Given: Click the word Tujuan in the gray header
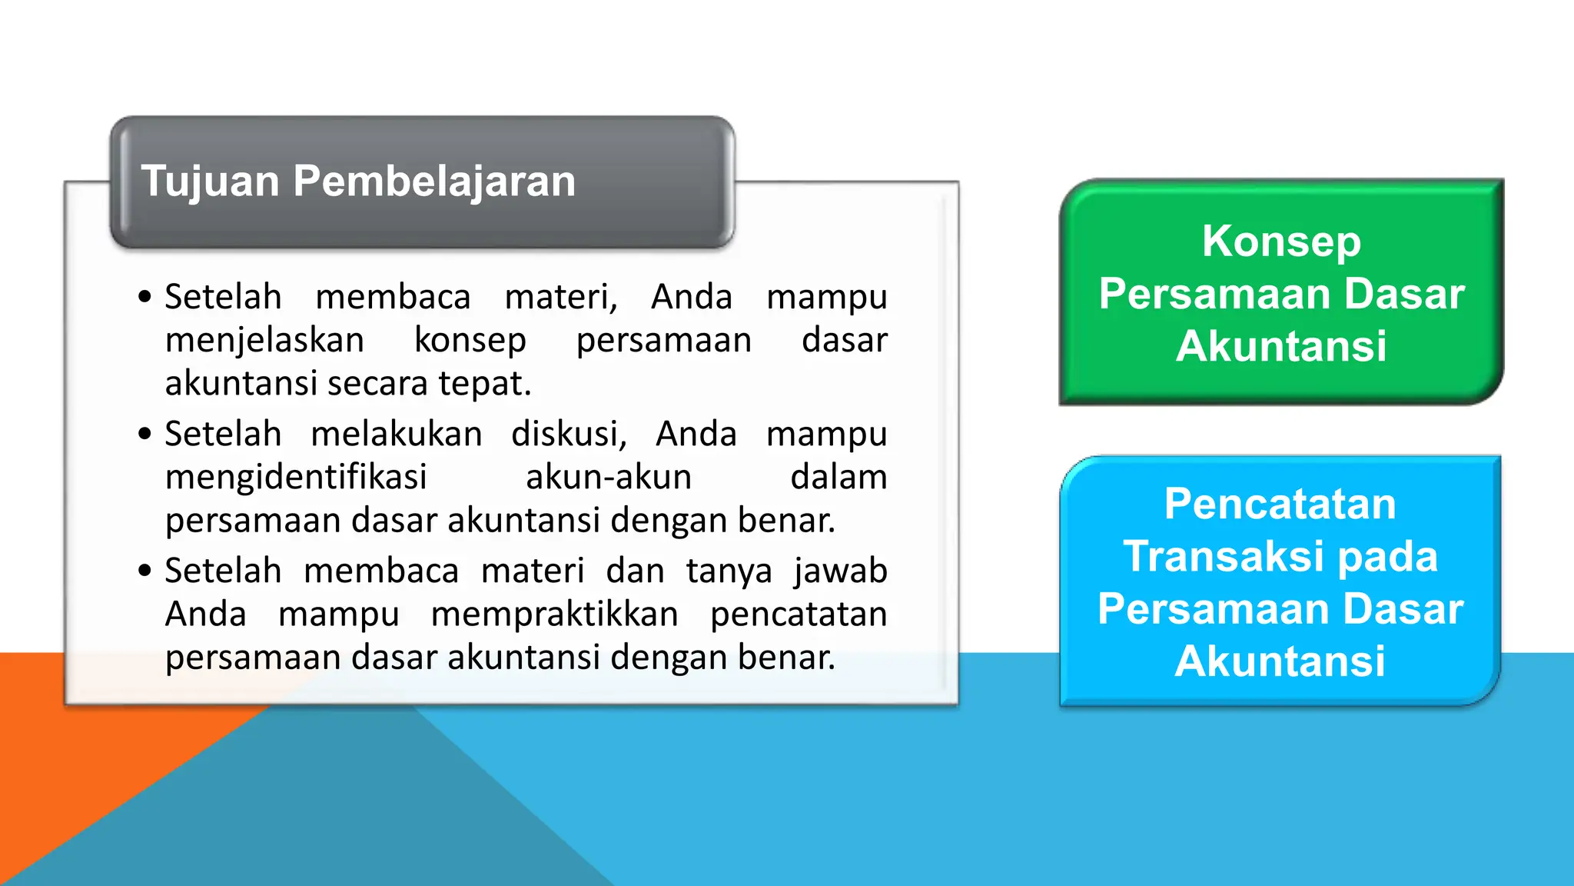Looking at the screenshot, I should pyautogui.click(x=210, y=182).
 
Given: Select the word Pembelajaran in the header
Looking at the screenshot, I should pyautogui.click(x=434, y=182).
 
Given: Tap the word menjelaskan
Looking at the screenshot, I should pyautogui.click(x=264, y=340).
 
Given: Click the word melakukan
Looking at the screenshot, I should pyautogui.click(x=397, y=434).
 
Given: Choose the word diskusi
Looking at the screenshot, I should pyautogui.click(x=569, y=434).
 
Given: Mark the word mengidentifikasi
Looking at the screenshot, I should pyautogui.click(x=296, y=477).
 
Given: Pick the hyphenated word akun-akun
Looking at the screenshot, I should pyautogui.click(x=609, y=477).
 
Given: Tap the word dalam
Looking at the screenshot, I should pyautogui.click(x=838, y=477).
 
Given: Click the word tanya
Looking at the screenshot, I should pyautogui.click(x=729, y=571).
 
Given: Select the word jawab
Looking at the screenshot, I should pyautogui.click(x=841, y=571).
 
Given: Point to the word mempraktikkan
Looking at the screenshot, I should pyautogui.click(x=554, y=614).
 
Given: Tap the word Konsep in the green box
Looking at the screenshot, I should pyautogui.click(x=1281, y=241).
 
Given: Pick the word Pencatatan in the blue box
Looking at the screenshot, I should pyautogui.click(x=1280, y=504).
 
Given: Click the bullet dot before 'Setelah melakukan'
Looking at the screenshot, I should pyautogui.click(x=145, y=434).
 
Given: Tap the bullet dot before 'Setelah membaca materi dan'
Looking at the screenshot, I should pyautogui.click(x=145, y=571).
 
